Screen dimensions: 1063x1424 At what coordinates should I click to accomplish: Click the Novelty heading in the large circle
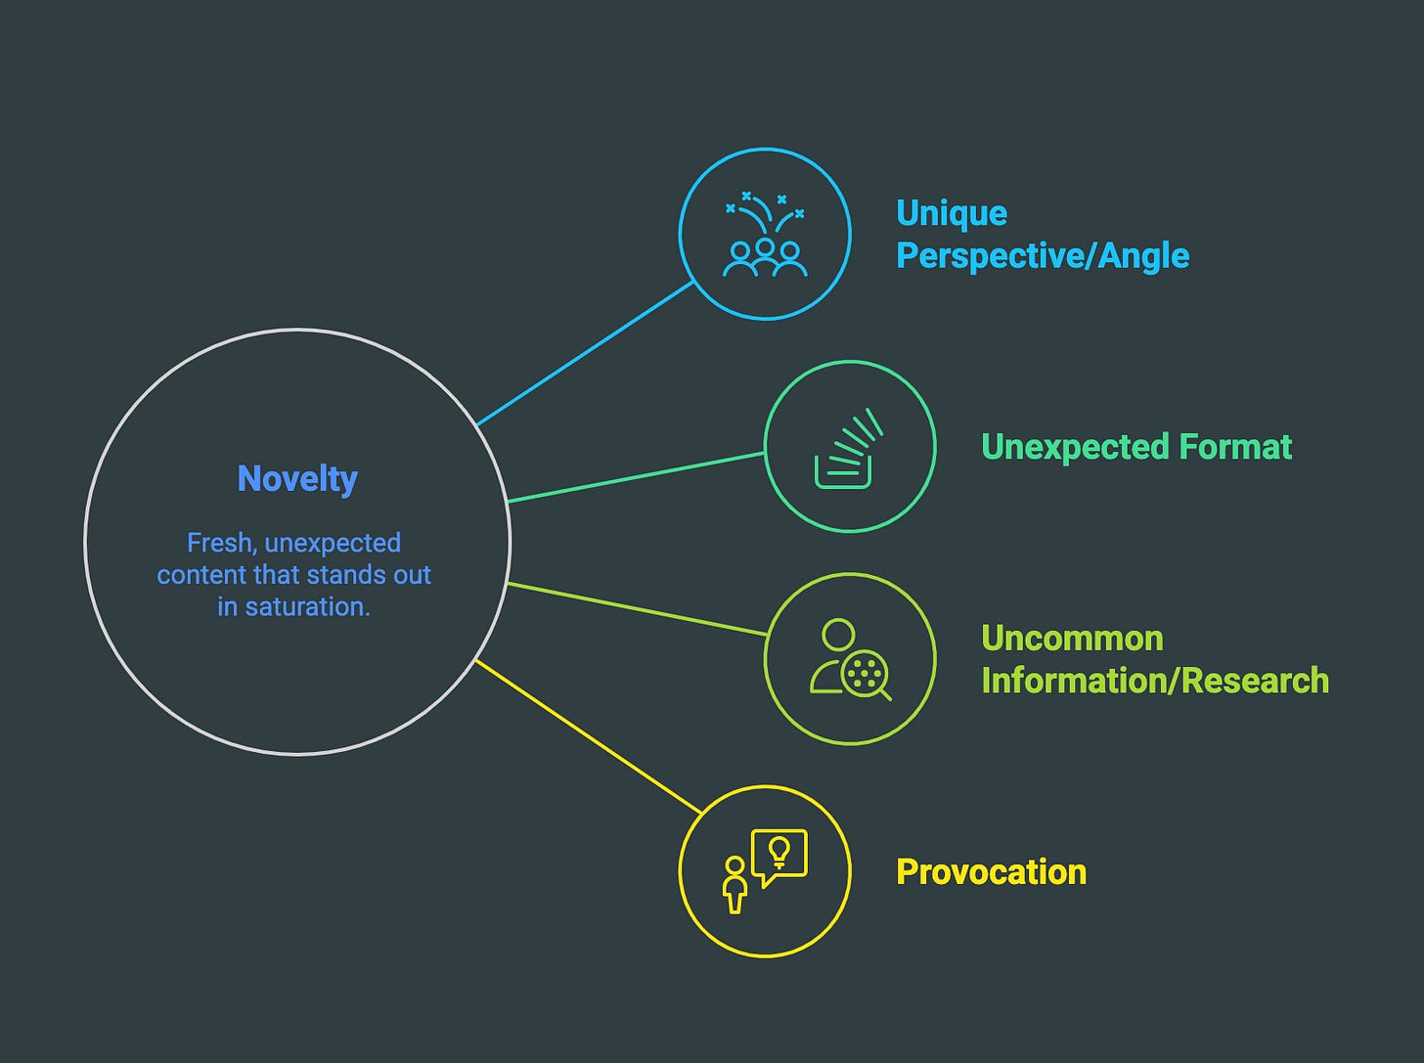[x=297, y=478]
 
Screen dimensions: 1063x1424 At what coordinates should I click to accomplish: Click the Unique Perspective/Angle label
[x=1042, y=235]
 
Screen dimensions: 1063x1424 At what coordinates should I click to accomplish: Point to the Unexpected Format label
[x=1135, y=447]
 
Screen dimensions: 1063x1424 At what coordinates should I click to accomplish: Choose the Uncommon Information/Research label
[x=1154, y=659]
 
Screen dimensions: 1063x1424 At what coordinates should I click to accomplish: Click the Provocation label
[x=991, y=871]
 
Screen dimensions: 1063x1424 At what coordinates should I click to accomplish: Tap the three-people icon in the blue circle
[x=765, y=256]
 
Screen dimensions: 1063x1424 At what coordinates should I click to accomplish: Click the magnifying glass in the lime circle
[x=866, y=676]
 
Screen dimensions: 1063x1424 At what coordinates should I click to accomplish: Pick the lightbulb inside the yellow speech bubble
[x=779, y=851]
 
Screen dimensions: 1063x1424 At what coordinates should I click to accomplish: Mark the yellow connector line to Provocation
[x=587, y=735]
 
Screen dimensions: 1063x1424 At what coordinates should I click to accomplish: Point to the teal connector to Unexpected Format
[x=636, y=477]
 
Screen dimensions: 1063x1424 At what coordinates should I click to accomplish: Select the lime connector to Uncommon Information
[x=636, y=609]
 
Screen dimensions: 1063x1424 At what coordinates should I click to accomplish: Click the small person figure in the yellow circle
[x=734, y=884]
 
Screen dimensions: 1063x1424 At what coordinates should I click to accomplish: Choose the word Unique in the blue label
[x=952, y=213]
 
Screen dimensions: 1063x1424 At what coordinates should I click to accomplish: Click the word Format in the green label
[x=1235, y=447]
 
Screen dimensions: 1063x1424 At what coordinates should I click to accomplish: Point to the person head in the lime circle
[x=838, y=635]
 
